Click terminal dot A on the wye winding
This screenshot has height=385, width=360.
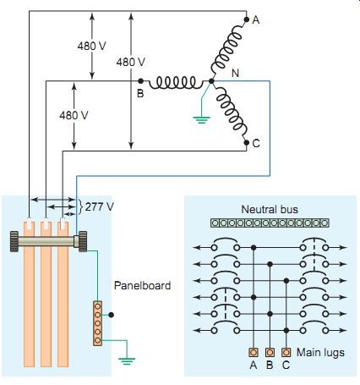click(x=246, y=19)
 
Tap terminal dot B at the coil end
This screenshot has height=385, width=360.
click(x=141, y=81)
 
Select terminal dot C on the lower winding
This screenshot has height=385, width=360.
click(x=246, y=142)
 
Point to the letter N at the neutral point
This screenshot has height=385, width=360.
click(x=235, y=74)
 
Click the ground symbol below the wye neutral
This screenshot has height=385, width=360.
click(x=201, y=119)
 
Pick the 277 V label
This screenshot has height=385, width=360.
click(x=100, y=206)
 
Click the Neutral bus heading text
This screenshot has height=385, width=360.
click(x=270, y=209)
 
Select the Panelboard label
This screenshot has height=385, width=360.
click(x=142, y=285)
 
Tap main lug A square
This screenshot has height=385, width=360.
click(x=254, y=352)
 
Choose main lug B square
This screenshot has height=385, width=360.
click(x=270, y=352)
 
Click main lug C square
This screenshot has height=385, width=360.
click(x=286, y=352)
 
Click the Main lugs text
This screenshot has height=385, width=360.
click(x=320, y=353)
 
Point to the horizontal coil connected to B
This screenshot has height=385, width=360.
click(x=176, y=83)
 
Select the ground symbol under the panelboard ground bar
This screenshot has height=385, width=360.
click(x=127, y=361)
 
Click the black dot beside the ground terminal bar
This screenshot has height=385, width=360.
click(x=112, y=315)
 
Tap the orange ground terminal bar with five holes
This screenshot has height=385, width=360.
click(x=97, y=323)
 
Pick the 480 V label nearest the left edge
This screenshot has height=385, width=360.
click(x=74, y=115)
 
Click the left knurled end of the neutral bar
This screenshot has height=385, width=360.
click(x=14, y=241)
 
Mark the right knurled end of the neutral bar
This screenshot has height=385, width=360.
click(x=83, y=241)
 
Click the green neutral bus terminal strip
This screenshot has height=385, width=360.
click(x=270, y=223)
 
